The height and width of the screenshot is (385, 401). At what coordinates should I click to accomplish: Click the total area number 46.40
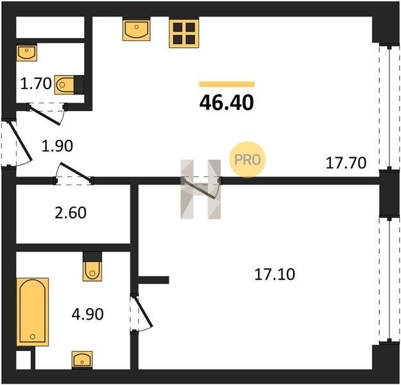click(x=226, y=103)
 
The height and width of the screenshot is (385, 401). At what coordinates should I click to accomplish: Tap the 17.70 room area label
click(x=346, y=163)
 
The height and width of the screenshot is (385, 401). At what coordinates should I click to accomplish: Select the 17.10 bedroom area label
click(x=275, y=274)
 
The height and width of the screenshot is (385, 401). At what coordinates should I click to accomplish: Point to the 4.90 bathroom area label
click(x=88, y=314)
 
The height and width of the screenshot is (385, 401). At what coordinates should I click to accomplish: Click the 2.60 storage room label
click(x=71, y=213)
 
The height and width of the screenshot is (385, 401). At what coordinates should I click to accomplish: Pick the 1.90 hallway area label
click(x=57, y=146)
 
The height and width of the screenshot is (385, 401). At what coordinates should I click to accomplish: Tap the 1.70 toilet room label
click(x=36, y=83)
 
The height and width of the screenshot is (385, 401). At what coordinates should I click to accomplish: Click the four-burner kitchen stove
click(x=184, y=33)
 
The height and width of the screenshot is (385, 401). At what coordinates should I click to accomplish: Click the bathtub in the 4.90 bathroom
click(x=33, y=312)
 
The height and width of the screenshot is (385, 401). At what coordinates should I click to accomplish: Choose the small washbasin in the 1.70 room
click(x=27, y=53)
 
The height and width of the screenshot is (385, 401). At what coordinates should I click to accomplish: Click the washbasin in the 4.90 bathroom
click(x=82, y=360)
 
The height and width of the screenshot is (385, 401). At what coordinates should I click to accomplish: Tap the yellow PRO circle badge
click(x=248, y=159)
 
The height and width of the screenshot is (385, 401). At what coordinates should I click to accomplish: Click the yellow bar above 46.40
click(x=227, y=84)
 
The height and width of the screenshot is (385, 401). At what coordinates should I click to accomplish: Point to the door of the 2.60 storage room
click(x=73, y=174)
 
